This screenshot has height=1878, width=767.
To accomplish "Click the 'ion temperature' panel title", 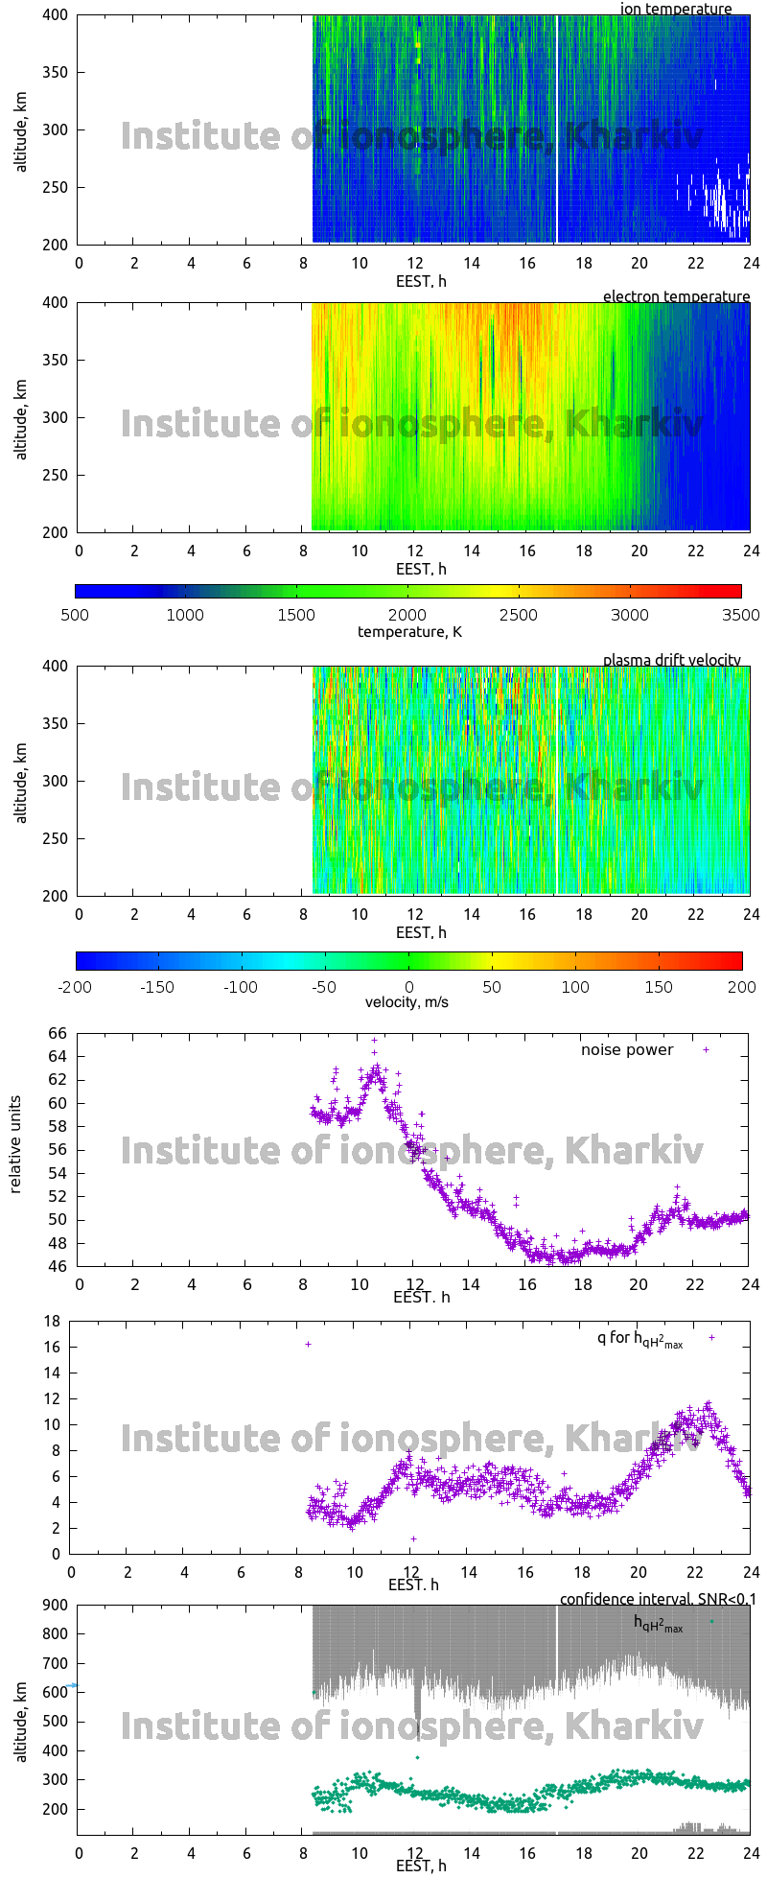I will [x=676, y=10].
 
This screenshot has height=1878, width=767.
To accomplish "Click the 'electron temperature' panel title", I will [x=676, y=296].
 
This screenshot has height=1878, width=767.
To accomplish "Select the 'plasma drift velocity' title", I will [x=671, y=660].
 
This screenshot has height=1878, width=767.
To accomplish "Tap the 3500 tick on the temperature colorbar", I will [x=740, y=615].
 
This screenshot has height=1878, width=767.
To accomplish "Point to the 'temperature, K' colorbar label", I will [x=409, y=631].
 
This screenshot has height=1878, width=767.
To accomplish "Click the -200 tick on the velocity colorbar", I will [x=77, y=986].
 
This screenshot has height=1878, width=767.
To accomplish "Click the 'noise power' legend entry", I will [x=627, y=1050].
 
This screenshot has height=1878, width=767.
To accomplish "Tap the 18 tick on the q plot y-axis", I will [x=51, y=1322].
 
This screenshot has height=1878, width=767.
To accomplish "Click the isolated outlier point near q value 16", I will [x=308, y=1344].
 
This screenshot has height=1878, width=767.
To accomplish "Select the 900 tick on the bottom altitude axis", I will [x=54, y=1605].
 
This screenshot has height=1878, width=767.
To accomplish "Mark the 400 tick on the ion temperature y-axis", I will [x=56, y=15].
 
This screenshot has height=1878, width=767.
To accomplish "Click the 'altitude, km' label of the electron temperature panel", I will [x=21, y=418].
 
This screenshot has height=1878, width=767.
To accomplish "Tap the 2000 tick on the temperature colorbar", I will [x=407, y=615].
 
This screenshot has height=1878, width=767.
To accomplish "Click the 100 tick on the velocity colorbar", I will [x=576, y=986].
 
